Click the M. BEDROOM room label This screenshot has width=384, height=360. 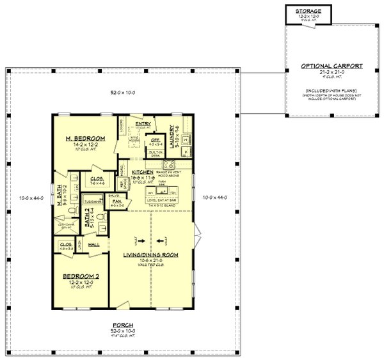[x=84, y=139]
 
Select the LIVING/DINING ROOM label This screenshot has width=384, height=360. [x=151, y=255]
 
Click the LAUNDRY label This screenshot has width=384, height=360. [x=172, y=136]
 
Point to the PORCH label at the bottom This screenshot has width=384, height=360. [x=124, y=325]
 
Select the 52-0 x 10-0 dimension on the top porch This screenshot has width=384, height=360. [x=124, y=93]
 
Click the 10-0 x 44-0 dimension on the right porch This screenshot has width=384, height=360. [x=214, y=198]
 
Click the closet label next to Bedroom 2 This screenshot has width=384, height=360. [x=65, y=244]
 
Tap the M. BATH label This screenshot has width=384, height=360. [x=58, y=199]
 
